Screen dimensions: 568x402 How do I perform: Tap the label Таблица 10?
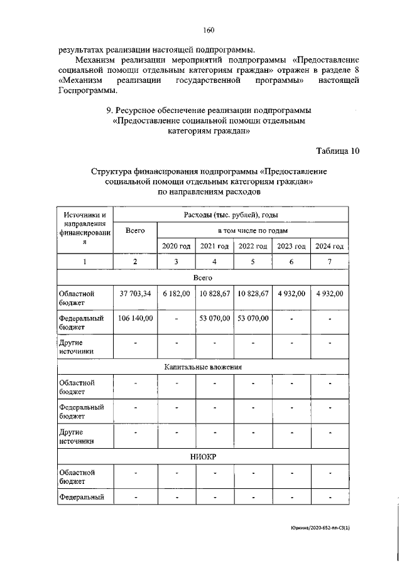(x=337, y=149)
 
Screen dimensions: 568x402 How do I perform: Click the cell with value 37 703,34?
(x=135, y=294)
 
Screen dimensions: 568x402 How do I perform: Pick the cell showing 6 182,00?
(x=176, y=294)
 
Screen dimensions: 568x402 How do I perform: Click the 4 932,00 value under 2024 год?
(x=329, y=294)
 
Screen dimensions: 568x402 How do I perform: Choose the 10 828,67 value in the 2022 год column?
(x=253, y=294)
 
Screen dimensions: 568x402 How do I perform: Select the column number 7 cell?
(x=329, y=262)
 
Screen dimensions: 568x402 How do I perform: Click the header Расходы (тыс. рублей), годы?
(x=231, y=215)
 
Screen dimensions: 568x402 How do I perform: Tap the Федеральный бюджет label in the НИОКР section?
(x=80, y=499)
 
